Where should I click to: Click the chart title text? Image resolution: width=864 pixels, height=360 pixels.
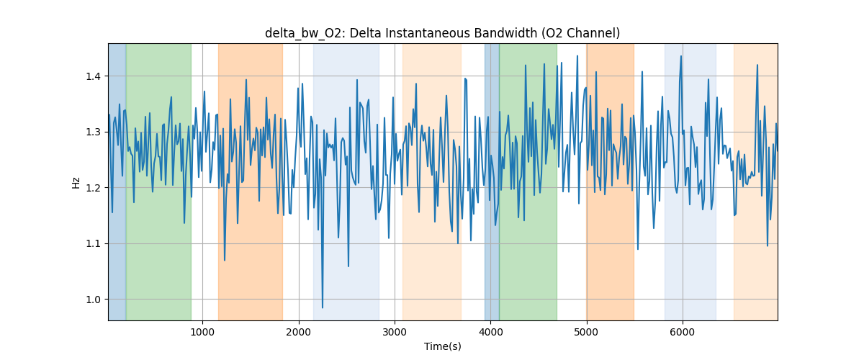pyautogui.click(x=442, y=33)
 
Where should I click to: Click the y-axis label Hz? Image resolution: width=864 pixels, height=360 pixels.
pyautogui.click(x=76, y=181)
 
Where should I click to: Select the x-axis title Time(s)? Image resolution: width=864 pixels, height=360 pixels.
pyautogui.click(x=442, y=346)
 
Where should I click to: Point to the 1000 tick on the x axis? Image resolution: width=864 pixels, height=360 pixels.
pyautogui.click(x=202, y=332)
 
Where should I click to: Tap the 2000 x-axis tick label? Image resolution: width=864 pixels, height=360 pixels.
pyautogui.click(x=299, y=332)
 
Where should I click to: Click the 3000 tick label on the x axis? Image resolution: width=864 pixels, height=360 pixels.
pyautogui.click(x=395, y=332)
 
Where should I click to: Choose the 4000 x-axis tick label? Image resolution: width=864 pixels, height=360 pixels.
pyautogui.click(x=490, y=332)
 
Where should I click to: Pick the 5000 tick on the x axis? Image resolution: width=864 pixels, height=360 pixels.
pyautogui.click(x=587, y=332)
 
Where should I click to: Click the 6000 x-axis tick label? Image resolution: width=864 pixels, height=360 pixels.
pyautogui.click(x=683, y=332)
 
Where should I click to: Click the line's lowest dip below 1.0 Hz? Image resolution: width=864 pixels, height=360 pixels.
pyautogui.click(x=323, y=307)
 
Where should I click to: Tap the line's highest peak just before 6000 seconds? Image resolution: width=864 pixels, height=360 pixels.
pyautogui.click(x=680, y=56)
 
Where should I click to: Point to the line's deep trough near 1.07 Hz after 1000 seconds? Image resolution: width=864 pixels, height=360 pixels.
pyautogui.click(x=225, y=260)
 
